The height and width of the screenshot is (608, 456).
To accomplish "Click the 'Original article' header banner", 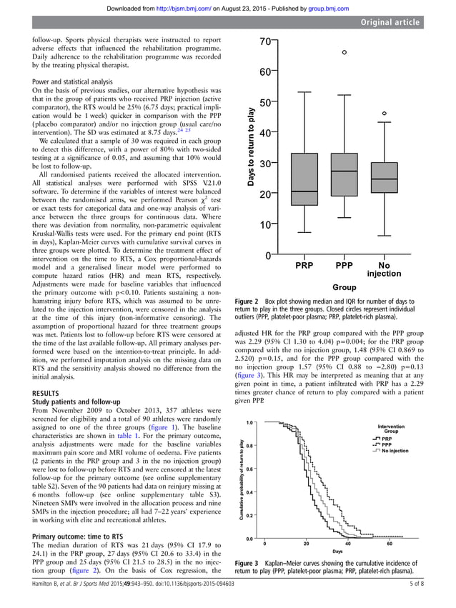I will click(390, 23).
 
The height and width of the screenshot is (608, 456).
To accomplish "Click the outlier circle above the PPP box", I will click(345, 53).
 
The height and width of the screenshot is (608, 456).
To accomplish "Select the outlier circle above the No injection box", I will click(385, 114).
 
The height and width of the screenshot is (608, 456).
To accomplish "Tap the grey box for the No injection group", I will click(385, 178).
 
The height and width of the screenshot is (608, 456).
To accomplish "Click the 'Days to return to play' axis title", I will click(249, 147).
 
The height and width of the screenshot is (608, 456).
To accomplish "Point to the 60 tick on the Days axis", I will click(389, 544).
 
